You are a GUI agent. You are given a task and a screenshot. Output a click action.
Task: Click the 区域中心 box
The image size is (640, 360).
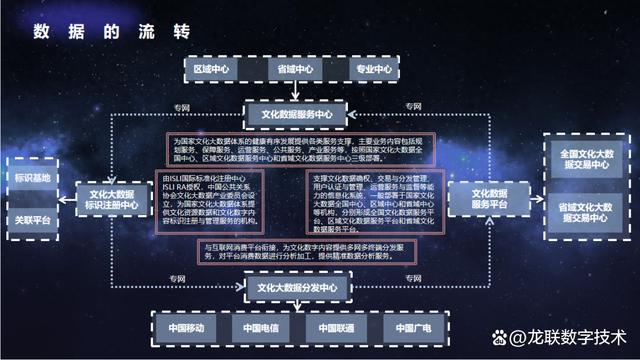[x=212, y=70]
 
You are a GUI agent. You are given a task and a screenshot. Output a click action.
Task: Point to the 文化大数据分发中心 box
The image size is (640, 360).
[x=297, y=288]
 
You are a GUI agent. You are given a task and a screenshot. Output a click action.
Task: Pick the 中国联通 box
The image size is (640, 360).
[x=337, y=327]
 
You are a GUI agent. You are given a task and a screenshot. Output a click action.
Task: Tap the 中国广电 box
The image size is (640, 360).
[x=413, y=327]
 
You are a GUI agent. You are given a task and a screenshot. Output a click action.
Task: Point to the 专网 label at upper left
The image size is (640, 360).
[x=180, y=106]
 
